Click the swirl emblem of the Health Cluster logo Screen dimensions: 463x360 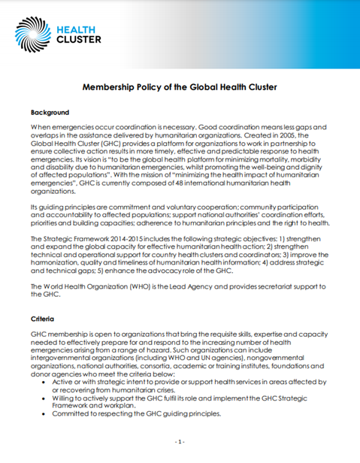coord(33,35)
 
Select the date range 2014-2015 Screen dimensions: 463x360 coord(113,238)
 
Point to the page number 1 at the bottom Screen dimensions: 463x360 coord(180,440)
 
